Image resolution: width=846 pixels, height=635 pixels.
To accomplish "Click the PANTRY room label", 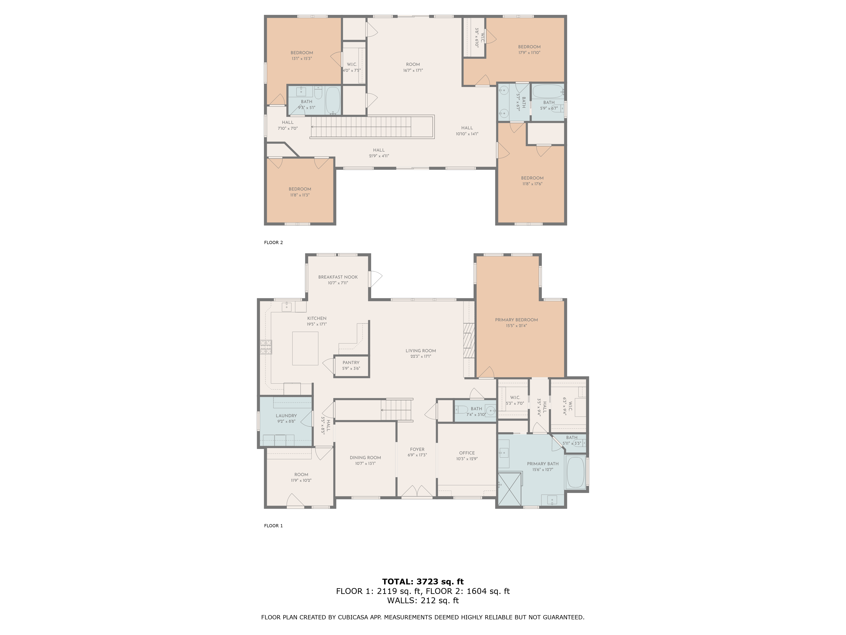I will tap(351, 362).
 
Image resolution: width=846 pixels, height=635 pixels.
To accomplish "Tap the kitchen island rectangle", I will tap(305, 348).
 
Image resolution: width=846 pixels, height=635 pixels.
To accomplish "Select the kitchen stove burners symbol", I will tap(266, 347).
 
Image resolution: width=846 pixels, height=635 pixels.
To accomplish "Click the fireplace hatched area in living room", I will tap(469, 340).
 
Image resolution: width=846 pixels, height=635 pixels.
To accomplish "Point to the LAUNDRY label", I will tap(286, 416).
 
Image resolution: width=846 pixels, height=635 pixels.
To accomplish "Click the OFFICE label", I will tap(467, 453).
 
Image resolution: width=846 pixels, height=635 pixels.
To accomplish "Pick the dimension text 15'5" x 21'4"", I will tap(516, 326).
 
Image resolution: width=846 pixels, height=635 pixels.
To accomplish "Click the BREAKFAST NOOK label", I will tap(338, 277).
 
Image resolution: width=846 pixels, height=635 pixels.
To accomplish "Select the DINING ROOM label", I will tap(365, 457).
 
